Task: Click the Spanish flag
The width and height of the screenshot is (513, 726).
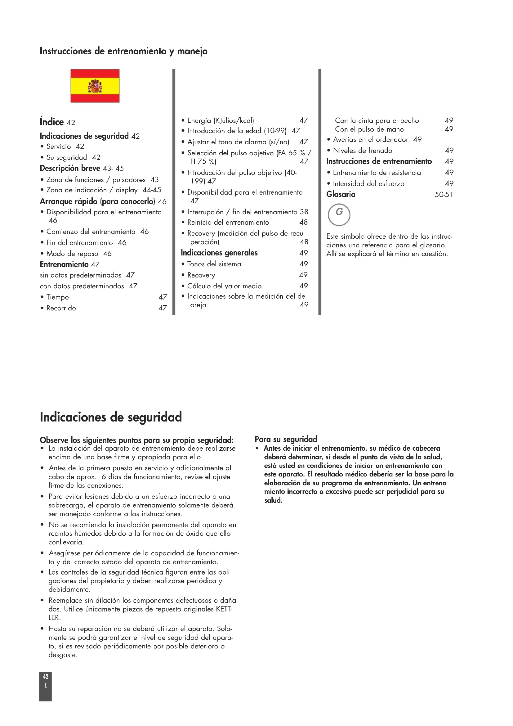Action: [95, 86]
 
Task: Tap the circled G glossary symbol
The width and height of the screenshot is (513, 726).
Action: [339, 214]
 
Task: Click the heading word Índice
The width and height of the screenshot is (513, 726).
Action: [52, 122]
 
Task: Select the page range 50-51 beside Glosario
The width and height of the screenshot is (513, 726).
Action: [444, 195]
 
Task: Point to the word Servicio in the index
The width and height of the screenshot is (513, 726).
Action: [59, 147]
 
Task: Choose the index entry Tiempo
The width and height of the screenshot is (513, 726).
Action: [57, 297]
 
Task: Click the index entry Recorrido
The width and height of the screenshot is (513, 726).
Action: [61, 308]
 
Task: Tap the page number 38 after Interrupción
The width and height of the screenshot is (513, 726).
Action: [304, 212]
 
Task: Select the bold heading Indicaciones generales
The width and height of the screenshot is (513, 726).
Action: [219, 253]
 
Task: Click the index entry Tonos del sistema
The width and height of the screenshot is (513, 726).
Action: [214, 264]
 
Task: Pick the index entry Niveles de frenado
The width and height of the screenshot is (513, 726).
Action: [363, 151]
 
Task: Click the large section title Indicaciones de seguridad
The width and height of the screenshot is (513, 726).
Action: [111, 417]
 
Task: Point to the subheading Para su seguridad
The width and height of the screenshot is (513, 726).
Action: [286, 439]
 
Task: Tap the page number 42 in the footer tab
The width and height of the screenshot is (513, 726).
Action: [46, 677]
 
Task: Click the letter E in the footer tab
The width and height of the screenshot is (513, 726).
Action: [46, 686]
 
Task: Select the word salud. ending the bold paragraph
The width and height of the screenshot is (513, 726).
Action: [273, 500]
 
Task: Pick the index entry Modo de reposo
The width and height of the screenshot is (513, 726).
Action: [73, 254]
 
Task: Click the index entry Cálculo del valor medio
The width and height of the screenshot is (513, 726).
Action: [224, 286]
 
